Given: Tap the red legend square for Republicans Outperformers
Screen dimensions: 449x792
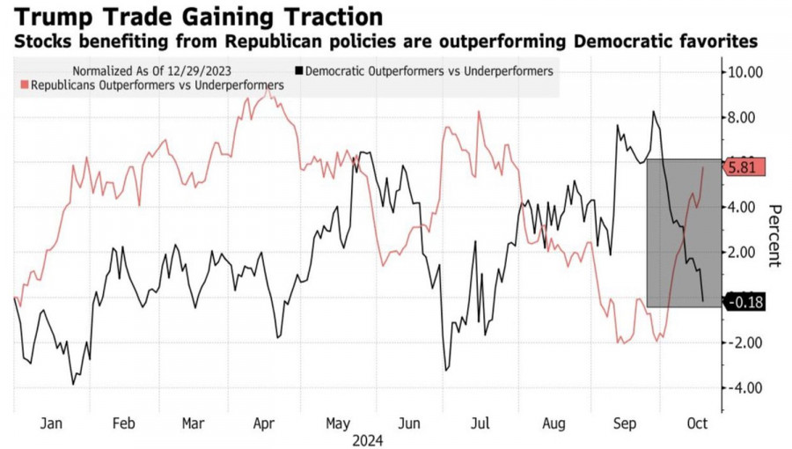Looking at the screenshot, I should click(24, 85).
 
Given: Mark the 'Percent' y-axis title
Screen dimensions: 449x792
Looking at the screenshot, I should click(775, 235).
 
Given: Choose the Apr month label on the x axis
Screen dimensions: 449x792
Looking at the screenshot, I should click(264, 423).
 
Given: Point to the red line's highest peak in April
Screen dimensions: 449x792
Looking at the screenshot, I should click(268, 91).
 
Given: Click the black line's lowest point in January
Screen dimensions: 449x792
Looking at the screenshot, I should click(73, 384).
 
